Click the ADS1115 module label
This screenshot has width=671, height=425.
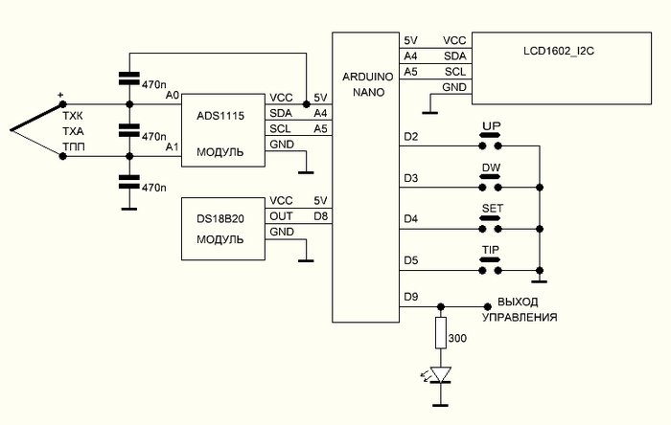[x=220, y=115]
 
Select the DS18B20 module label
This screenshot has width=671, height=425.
[x=220, y=217]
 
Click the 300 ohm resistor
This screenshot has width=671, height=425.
[x=441, y=334]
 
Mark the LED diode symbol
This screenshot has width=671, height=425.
[x=441, y=373]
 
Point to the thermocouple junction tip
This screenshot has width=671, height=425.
[x=7, y=128]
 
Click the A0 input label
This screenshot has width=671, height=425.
[x=172, y=95]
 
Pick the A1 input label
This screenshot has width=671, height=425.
[x=172, y=146]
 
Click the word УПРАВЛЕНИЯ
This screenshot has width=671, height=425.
[x=520, y=317]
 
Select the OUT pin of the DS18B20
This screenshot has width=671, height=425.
[x=281, y=216]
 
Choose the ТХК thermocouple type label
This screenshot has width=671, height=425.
[x=73, y=115]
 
